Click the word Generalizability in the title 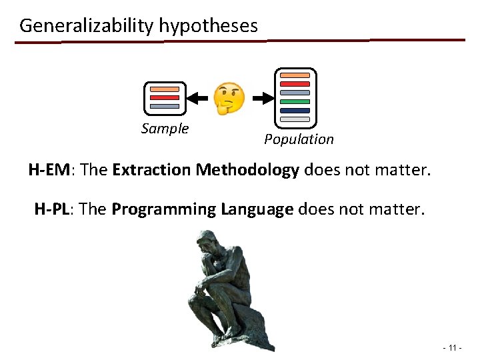pos(87,26)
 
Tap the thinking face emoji pos(229,98)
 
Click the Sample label pos(165,129)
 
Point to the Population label pos(299,139)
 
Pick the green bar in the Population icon pos(295,101)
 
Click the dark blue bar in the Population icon pos(295,110)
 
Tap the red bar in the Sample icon pos(165,97)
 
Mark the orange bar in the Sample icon pos(165,89)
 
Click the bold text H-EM pos(49,170)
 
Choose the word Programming pos(164,209)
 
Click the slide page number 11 pos(451,348)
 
